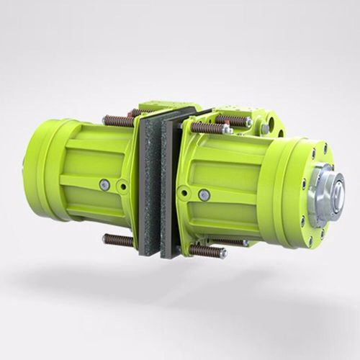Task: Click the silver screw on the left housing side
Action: pyautogui.click(x=105, y=185)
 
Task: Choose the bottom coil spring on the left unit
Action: pyautogui.click(x=120, y=239)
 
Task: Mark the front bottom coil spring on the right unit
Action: pyautogui.click(x=206, y=250)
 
